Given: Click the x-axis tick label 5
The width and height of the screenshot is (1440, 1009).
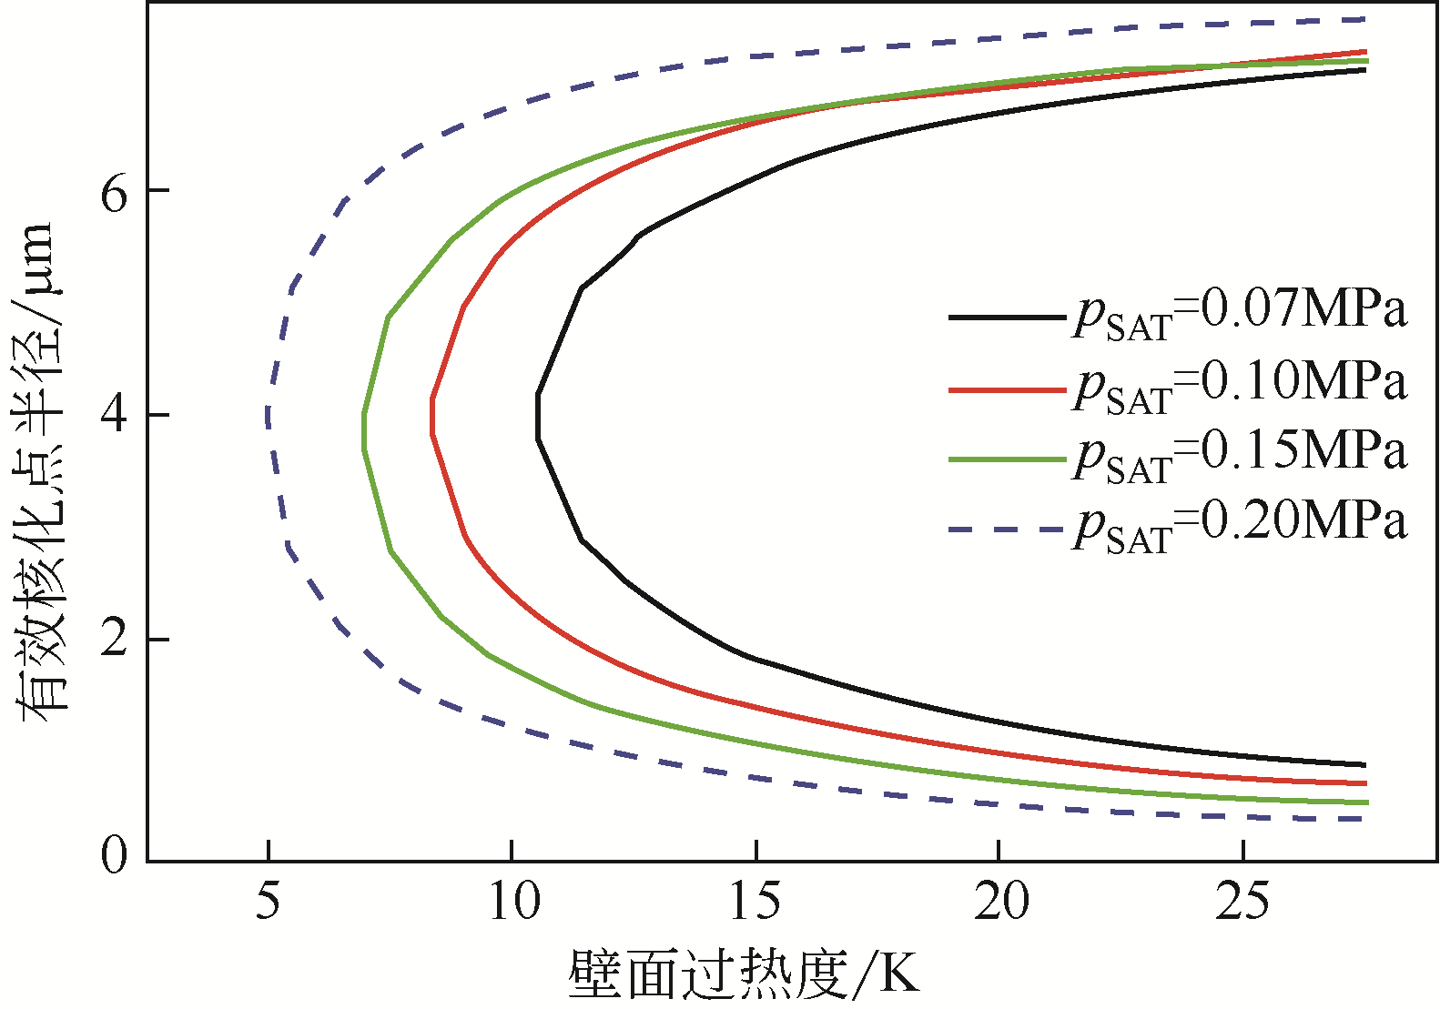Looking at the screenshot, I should coord(268,902).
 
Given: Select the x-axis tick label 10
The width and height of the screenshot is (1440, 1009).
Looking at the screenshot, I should coord(512,902).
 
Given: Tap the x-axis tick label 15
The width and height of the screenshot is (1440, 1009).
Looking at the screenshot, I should coord(755,902).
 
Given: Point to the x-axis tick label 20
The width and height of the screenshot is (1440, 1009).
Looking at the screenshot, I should coord(1000,902).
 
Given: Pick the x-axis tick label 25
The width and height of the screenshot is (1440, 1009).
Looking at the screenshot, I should coord(1243,902).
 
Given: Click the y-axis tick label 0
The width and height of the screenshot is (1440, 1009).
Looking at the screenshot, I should coord(115,854).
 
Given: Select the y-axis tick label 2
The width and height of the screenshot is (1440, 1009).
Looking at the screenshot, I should coord(115,639).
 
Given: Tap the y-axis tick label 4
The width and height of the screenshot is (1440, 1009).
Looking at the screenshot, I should coord(115,415).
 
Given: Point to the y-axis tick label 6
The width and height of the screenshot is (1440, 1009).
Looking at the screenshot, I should coord(115,192).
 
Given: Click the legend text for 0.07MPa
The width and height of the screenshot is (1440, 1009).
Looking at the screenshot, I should coord(1240,313).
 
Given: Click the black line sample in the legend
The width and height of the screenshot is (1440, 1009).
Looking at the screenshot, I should coord(1006,318).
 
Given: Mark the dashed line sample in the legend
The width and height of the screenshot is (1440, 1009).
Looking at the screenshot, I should coord(1006,529).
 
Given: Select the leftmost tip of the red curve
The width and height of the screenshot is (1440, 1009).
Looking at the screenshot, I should coord(431,417).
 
